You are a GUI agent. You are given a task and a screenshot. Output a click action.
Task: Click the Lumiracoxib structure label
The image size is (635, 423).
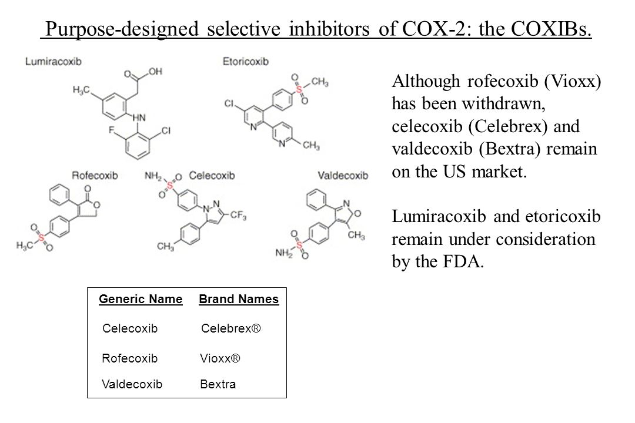click(53, 61)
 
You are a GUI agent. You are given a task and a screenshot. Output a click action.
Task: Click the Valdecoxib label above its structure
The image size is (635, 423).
click(343, 175)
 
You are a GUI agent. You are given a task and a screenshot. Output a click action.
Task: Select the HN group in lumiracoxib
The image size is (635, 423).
click(141, 117)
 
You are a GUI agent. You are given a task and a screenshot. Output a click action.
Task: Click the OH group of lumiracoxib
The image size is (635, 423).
click(155, 71)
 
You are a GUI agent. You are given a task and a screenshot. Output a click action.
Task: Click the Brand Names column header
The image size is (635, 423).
click(239, 300)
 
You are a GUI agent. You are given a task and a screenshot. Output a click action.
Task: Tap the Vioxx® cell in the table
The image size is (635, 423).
click(220, 357)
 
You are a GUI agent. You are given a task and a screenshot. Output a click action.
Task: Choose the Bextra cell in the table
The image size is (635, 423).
click(218, 385)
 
